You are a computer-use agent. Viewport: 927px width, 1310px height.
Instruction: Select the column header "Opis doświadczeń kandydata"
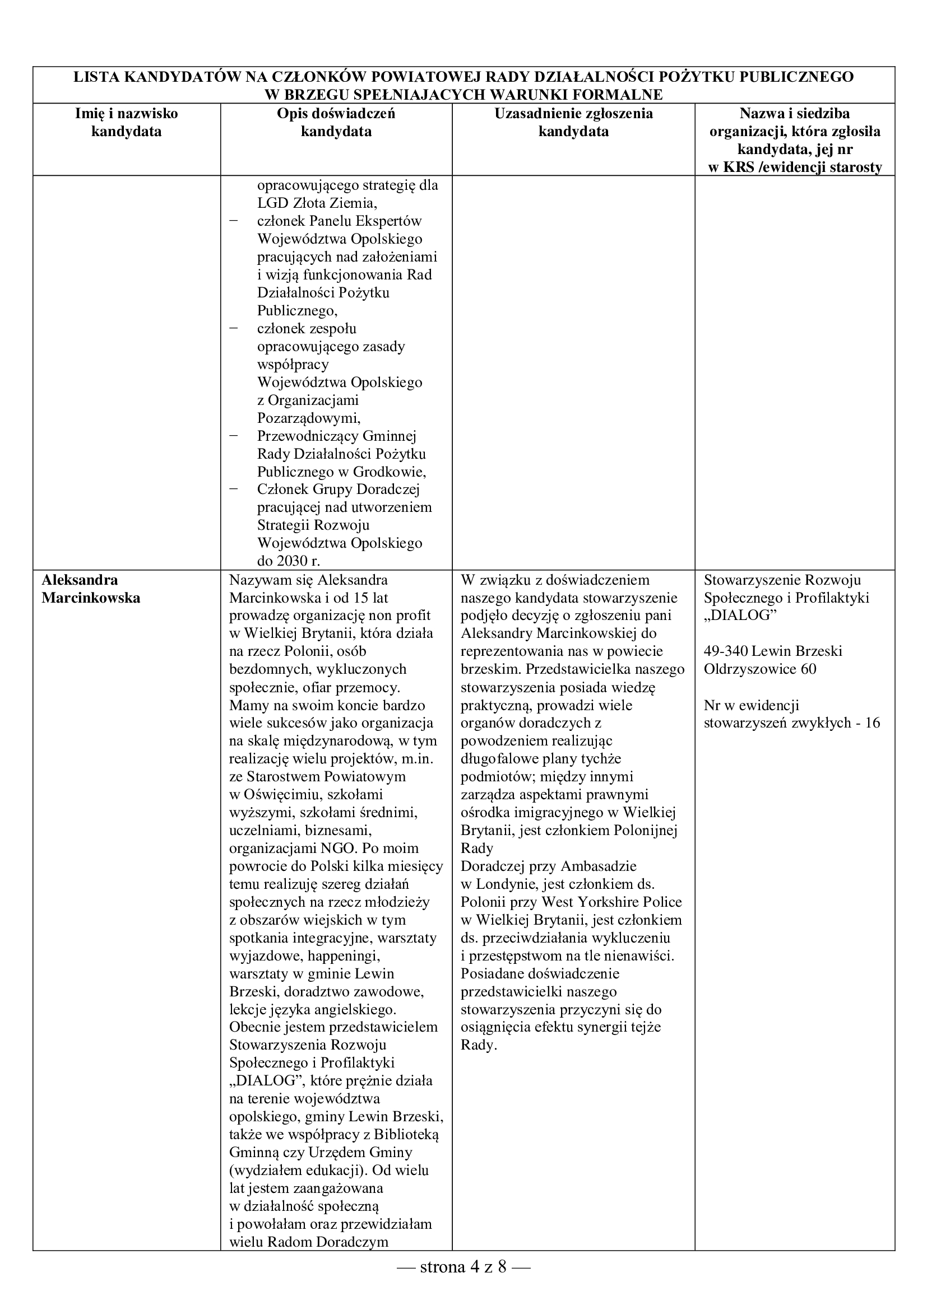[x=336, y=122]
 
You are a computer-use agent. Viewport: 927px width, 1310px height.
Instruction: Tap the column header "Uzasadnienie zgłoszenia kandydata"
[x=573, y=122]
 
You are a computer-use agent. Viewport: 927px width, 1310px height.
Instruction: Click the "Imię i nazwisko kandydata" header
[x=126, y=122]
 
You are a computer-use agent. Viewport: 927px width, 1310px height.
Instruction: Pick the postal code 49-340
[x=725, y=651]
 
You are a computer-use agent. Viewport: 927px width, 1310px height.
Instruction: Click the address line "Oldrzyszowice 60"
[x=760, y=669]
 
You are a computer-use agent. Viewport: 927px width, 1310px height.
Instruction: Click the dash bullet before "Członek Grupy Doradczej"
[x=233, y=489]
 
